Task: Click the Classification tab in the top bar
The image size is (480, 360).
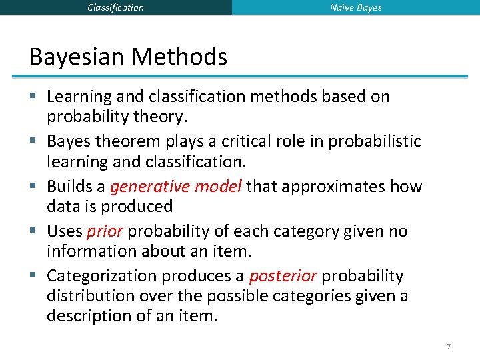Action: coord(115,7)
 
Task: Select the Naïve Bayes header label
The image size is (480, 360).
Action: coord(356,7)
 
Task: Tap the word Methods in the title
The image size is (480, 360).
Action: coord(179,57)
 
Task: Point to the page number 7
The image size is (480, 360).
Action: coord(449,347)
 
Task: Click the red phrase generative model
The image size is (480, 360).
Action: coord(176,187)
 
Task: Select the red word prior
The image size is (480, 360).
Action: coord(105,231)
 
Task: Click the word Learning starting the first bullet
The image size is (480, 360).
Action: coord(78,97)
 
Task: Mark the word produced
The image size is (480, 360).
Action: coord(141,207)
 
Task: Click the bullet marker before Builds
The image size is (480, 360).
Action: coord(34,187)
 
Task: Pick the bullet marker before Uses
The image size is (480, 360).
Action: coord(34,231)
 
